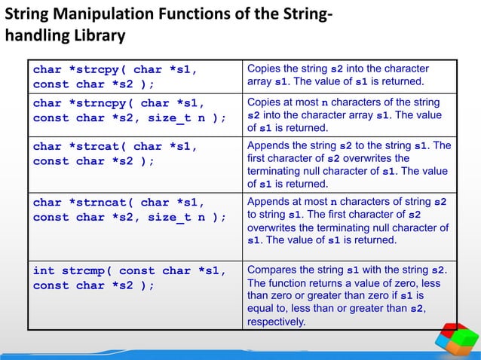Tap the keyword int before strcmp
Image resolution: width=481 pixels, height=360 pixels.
(44, 271)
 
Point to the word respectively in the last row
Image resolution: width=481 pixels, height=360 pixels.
(277, 322)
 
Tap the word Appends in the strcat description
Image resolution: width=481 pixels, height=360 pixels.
(268, 145)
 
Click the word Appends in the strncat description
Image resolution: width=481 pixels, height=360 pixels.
(268, 201)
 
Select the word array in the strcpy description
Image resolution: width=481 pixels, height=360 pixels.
(259, 81)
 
